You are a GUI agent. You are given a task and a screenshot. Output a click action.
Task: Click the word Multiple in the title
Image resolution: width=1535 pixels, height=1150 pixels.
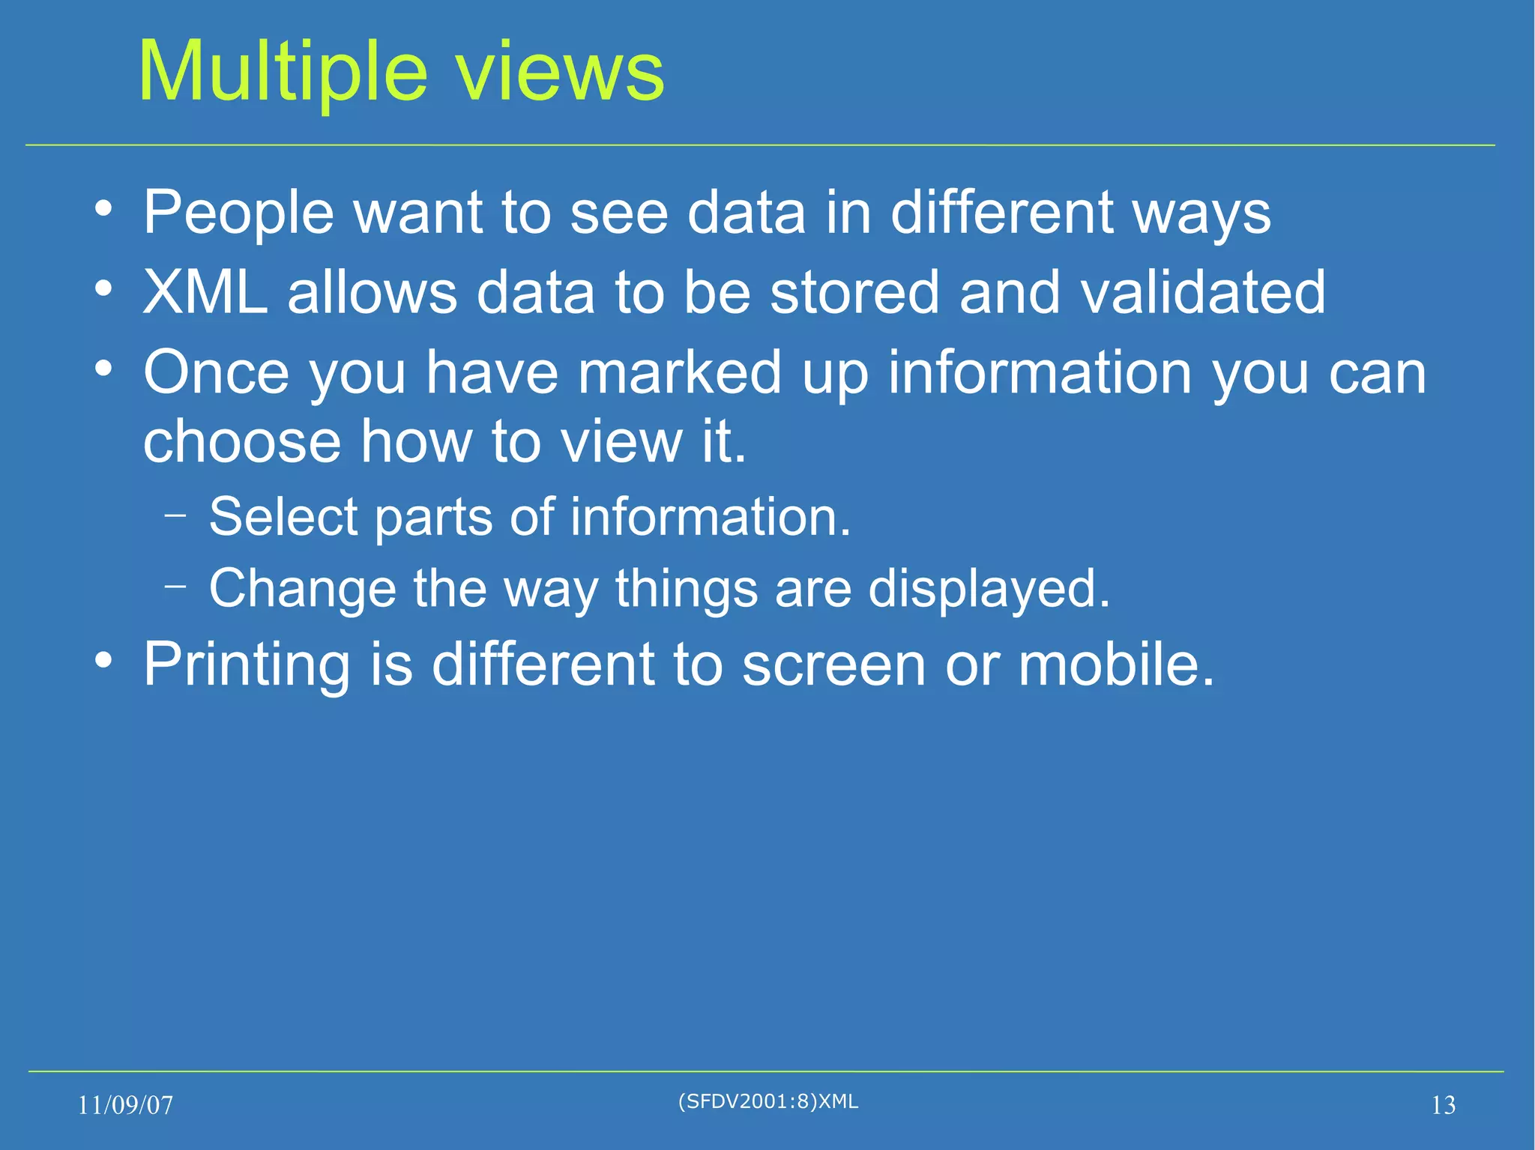(x=283, y=73)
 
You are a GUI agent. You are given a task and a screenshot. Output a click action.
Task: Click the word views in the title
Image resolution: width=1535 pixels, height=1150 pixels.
(x=560, y=73)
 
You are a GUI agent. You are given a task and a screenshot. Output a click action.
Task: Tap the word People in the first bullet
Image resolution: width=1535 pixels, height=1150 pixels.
(x=238, y=214)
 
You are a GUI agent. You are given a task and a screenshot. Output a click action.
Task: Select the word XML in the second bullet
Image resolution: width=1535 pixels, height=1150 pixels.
(x=205, y=292)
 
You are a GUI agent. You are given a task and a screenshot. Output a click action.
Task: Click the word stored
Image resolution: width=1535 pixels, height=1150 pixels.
(x=854, y=292)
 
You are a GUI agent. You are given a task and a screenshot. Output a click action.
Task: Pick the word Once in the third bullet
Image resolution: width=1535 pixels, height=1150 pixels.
(x=216, y=372)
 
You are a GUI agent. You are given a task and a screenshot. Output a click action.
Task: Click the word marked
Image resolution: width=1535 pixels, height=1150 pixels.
(x=680, y=372)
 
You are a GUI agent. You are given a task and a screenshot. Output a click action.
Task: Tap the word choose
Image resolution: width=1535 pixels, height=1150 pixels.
(x=242, y=442)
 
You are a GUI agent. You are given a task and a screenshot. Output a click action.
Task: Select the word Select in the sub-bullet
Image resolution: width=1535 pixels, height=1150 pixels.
(x=283, y=517)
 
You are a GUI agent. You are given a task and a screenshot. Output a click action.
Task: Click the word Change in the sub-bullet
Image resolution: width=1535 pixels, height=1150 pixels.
(x=302, y=588)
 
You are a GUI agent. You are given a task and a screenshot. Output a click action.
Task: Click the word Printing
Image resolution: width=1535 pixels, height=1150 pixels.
(x=247, y=665)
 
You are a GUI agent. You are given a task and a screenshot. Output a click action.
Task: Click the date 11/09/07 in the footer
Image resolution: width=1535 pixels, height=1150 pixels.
(x=125, y=1105)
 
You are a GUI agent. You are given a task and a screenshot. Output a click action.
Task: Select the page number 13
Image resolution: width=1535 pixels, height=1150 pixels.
(x=1443, y=1105)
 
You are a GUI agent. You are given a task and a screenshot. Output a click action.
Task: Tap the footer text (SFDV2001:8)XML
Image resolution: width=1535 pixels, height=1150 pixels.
(x=767, y=1101)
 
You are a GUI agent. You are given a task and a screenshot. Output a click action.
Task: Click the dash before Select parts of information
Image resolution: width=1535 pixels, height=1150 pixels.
(x=175, y=515)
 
